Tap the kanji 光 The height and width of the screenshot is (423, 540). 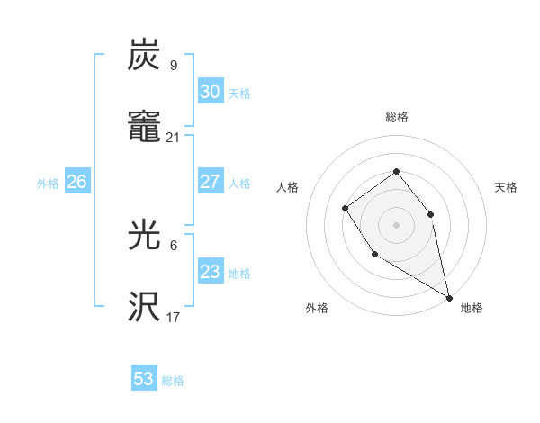(145, 235)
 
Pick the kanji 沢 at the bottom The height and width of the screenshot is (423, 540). (145, 307)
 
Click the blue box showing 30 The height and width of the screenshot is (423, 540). (211, 92)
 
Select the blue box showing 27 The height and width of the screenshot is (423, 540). (211, 182)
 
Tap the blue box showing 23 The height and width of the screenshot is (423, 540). (211, 272)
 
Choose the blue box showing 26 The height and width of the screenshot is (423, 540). (76, 182)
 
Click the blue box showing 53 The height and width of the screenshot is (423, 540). (144, 379)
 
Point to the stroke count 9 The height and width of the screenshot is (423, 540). (174, 66)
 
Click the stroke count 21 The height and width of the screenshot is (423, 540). (174, 138)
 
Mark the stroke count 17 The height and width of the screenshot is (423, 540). (174, 317)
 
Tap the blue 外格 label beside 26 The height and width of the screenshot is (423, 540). (48, 184)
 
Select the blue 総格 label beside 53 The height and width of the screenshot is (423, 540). (173, 381)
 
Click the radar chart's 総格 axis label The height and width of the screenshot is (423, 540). (396, 117)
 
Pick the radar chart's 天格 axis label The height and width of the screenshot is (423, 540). (506, 187)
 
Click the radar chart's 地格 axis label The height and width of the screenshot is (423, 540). (472, 308)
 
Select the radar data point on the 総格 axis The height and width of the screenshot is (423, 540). (396, 171)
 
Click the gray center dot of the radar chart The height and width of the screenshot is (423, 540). (396, 224)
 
